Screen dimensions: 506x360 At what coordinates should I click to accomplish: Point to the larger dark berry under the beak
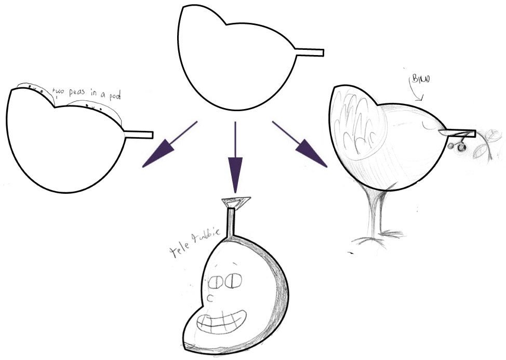pos(450,146)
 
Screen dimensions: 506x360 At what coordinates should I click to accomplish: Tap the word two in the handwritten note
pos(60,92)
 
